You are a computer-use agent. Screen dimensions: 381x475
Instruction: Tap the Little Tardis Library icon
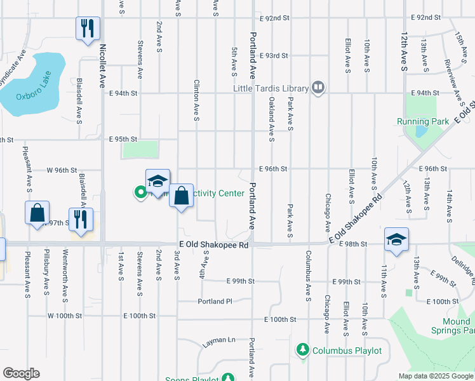click(318, 88)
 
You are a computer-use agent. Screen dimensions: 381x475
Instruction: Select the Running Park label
click(418, 121)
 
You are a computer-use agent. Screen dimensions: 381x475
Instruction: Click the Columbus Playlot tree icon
click(303, 350)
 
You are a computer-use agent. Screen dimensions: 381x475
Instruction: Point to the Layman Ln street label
click(219, 342)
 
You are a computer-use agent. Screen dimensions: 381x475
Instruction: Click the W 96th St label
click(62, 170)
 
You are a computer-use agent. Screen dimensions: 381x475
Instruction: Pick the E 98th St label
click(353, 244)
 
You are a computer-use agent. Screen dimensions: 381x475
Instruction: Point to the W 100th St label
click(65, 316)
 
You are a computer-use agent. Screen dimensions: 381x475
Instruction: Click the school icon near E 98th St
click(396, 240)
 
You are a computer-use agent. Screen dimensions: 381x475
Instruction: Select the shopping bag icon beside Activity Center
click(182, 196)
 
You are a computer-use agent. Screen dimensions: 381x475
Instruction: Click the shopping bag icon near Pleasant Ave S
click(37, 213)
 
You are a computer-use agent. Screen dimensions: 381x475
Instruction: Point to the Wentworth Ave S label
click(65, 274)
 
